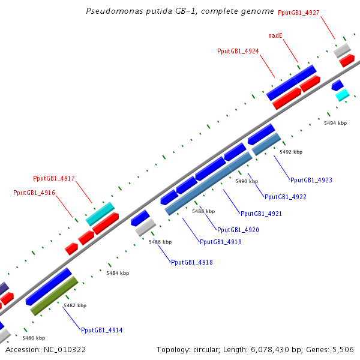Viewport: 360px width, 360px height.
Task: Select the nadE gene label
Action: coord(275,36)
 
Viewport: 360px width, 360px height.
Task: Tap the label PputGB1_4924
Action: coord(238,52)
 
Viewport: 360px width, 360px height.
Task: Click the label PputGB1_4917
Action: coord(53,178)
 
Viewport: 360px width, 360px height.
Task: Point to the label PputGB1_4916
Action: coord(34,193)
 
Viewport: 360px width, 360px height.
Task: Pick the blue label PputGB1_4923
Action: coord(311,180)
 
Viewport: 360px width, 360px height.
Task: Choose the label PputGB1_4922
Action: coord(285,197)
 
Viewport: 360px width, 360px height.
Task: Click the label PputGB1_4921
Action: coord(261,214)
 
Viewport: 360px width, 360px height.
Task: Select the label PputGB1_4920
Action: coord(238,230)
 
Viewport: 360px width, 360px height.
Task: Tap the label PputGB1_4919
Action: coord(220,242)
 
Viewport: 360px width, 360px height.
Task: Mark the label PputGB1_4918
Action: coord(191,262)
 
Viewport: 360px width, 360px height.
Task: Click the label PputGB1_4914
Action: coord(101,330)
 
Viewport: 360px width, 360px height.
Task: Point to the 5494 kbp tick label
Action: coord(335,123)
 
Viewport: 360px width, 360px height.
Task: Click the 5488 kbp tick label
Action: coord(203,211)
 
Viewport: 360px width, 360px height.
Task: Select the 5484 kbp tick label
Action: coord(118,273)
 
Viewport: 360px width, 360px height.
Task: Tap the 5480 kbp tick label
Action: coord(34,338)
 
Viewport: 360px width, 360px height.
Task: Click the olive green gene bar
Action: coord(55,296)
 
